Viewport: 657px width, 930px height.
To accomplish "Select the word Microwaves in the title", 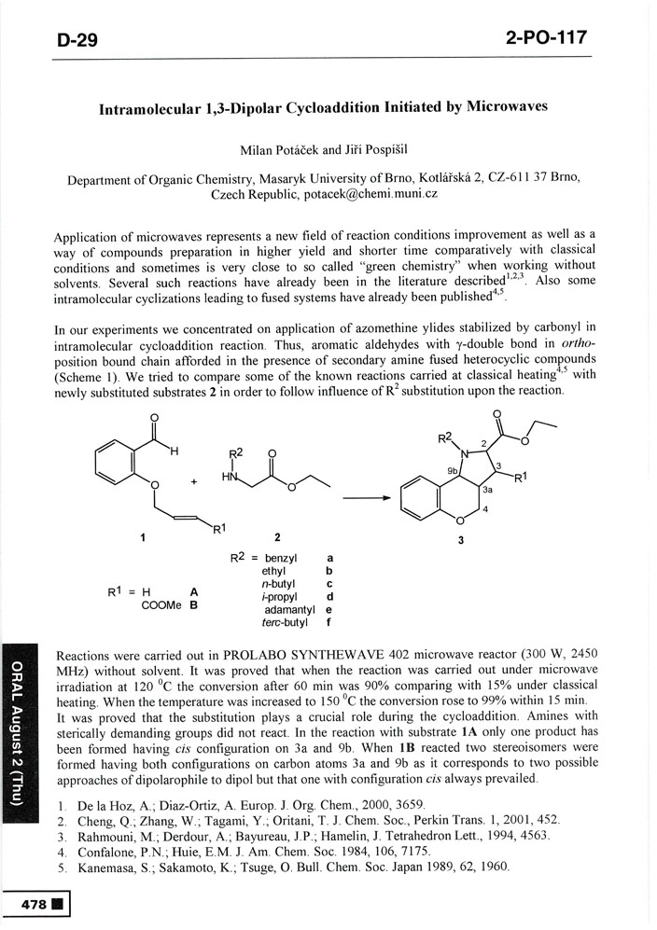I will point(503,106).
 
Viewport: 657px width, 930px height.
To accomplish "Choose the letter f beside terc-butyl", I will point(329,623).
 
